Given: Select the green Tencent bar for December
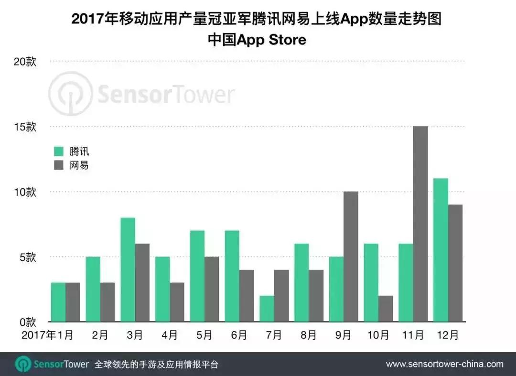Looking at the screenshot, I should (x=441, y=249).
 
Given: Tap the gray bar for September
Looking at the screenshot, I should (x=351, y=256).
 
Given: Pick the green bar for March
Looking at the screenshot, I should (x=128, y=269).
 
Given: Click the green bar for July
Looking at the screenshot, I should (x=267, y=308).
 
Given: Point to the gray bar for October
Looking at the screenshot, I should (x=386, y=308).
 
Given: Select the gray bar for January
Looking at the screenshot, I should (x=73, y=302).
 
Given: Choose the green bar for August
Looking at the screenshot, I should (x=301, y=282).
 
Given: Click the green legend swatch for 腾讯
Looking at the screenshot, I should (x=59, y=151).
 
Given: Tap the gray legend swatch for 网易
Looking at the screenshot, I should (x=59, y=165).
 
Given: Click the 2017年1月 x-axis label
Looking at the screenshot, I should (x=47, y=335).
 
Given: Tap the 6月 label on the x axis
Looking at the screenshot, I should (x=238, y=335).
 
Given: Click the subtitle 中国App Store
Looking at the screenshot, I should (x=257, y=40).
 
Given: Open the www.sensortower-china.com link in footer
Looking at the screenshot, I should (x=444, y=364).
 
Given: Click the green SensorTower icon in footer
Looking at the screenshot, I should (x=23, y=364).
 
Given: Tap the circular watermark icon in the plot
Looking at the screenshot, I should (x=71, y=94).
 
